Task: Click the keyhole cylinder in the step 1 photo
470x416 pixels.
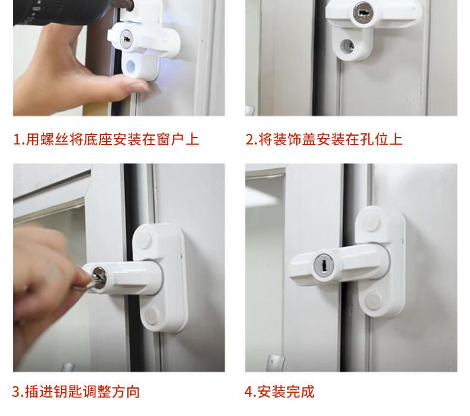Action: (x=126, y=39)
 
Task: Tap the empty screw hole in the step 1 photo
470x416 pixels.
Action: (x=131, y=66)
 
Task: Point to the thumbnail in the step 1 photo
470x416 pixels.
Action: (x=137, y=87)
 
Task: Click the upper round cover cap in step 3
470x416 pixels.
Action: (x=143, y=240)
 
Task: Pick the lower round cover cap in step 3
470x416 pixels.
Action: (x=152, y=315)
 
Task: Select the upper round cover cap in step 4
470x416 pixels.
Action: (x=371, y=222)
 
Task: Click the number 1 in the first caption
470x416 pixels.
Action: (x=17, y=140)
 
